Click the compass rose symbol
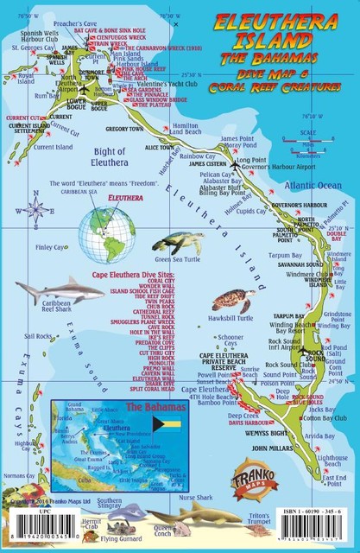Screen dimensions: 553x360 coord(36,208)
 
